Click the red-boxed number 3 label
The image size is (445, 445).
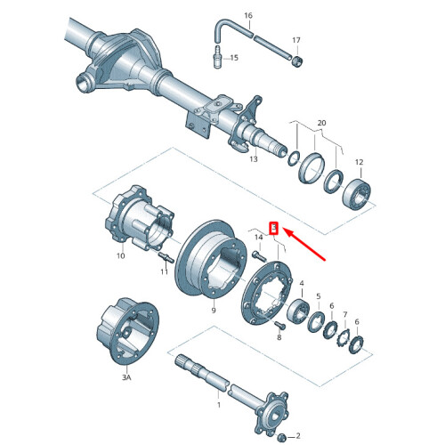275,229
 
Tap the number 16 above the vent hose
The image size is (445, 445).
248,16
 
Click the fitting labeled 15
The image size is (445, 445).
215,59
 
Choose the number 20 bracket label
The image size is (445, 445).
321,121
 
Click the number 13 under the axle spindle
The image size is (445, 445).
254,160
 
